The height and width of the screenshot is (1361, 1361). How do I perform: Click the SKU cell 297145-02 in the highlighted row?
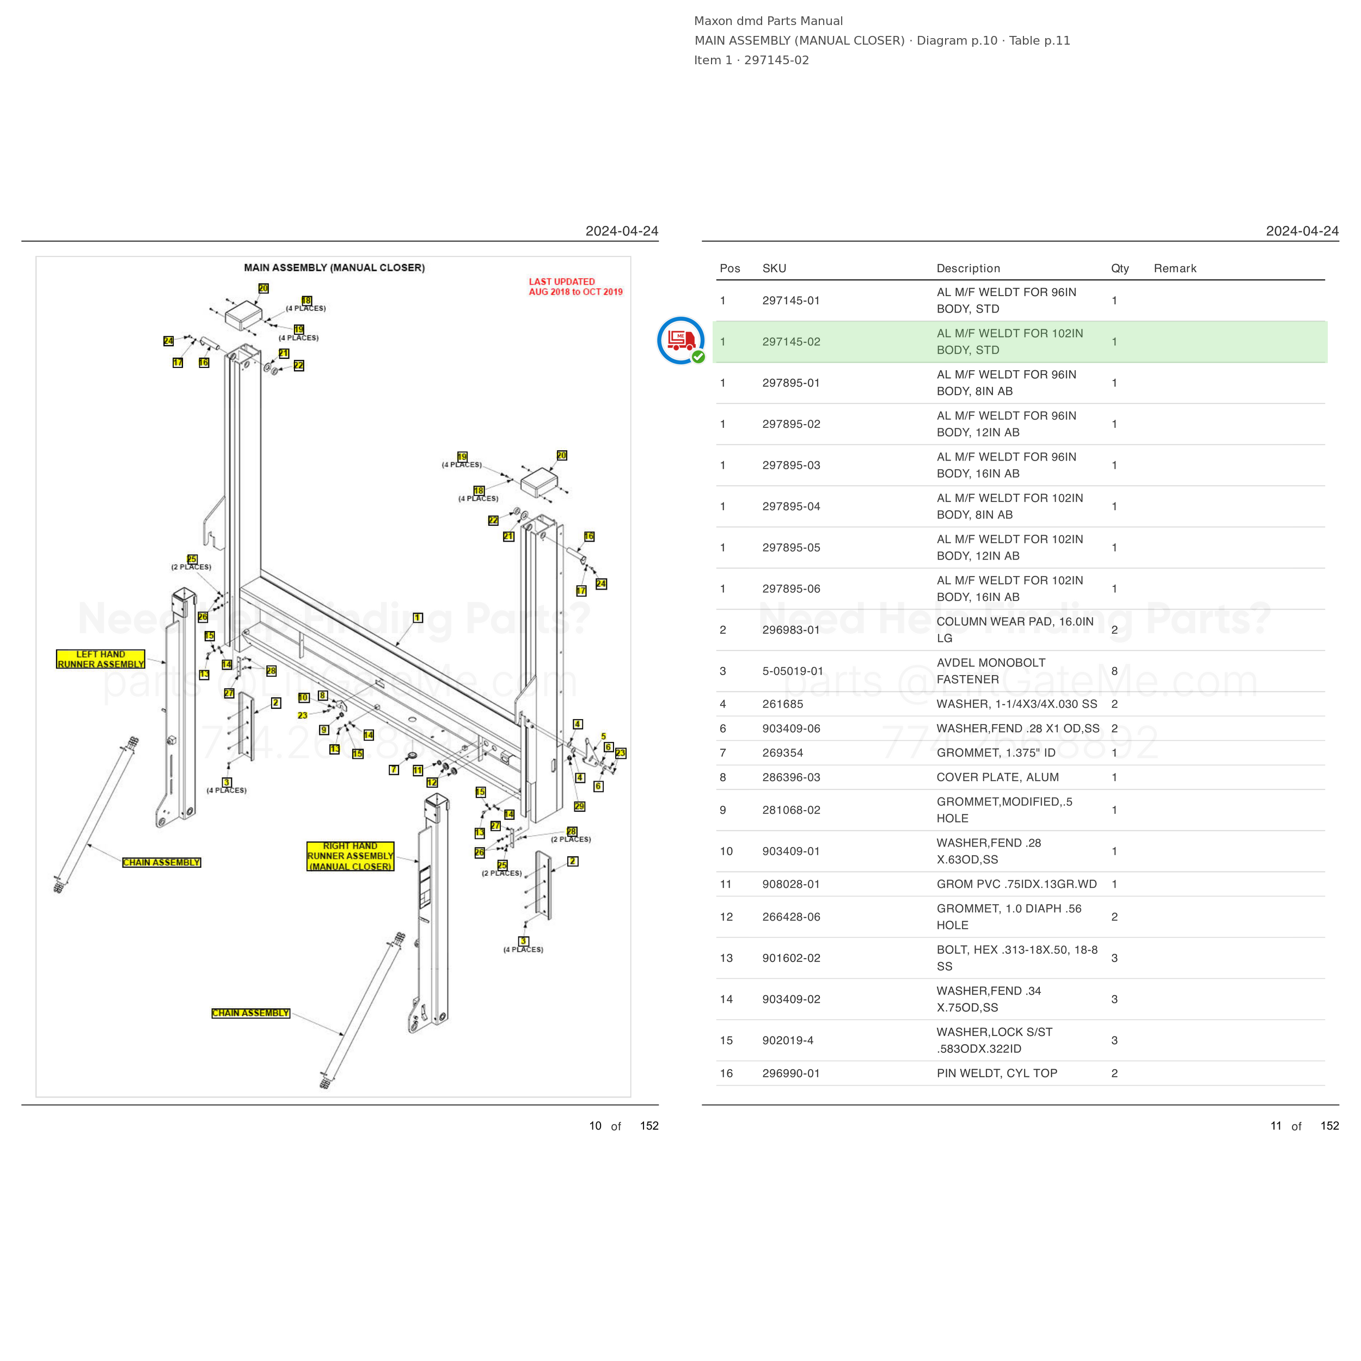(x=791, y=342)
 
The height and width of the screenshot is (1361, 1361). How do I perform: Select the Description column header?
(x=968, y=268)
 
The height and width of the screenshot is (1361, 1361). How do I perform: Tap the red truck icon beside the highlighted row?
(x=680, y=340)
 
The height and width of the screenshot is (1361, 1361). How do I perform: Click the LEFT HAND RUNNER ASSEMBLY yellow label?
(x=101, y=659)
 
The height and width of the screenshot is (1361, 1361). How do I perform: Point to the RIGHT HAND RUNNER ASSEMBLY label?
(x=350, y=856)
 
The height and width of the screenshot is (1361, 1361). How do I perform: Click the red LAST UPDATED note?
(x=575, y=287)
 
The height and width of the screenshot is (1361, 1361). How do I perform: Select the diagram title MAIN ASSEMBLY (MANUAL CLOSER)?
(x=335, y=268)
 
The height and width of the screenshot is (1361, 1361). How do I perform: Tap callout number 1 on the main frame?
(x=418, y=618)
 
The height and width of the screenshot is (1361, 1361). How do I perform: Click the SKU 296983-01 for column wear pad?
(x=791, y=630)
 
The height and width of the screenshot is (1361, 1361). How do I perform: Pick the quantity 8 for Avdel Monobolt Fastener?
(x=1114, y=671)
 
